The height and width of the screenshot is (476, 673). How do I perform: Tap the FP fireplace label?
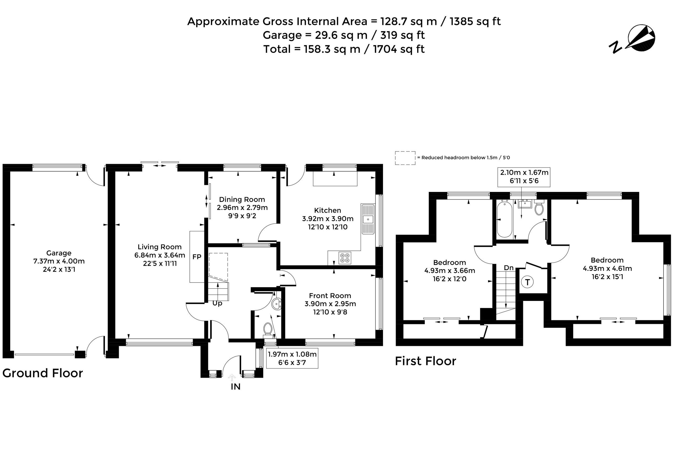click(x=197, y=257)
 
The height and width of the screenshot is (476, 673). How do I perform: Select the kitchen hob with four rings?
click(x=345, y=258)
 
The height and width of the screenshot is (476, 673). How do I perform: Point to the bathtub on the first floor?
click(x=504, y=219)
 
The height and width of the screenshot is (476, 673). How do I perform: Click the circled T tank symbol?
click(x=527, y=282)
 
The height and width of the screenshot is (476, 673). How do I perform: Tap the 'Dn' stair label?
click(x=509, y=268)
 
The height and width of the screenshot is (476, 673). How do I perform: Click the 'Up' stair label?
click(x=217, y=303)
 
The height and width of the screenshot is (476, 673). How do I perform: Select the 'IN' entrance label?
click(x=235, y=387)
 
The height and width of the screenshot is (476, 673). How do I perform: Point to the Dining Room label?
click(x=242, y=200)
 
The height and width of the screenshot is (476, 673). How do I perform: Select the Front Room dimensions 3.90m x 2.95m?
click(x=330, y=304)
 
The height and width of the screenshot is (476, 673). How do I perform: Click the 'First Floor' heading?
click(x=425, y=361)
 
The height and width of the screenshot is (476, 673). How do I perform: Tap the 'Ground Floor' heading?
click(x=43, y=373)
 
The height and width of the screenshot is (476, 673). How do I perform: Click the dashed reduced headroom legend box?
click(x=405, y=158)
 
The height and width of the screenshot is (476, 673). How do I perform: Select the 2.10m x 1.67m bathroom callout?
click(x=524, y=177)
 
